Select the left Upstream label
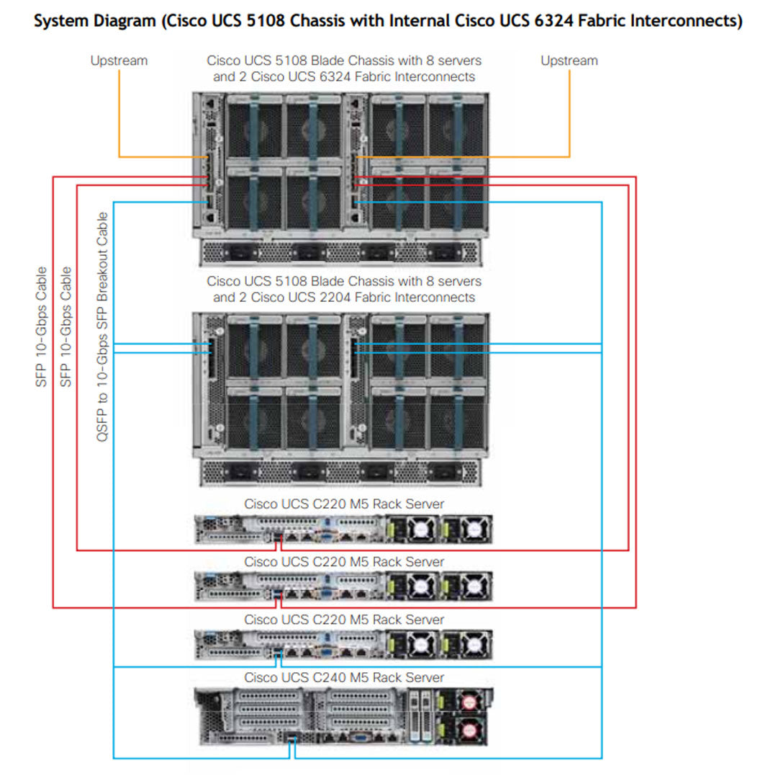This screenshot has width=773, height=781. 119,61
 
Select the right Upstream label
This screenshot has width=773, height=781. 569,61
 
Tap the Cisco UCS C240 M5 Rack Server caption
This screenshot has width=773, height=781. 344,677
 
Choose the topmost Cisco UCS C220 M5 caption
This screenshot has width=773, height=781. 344,504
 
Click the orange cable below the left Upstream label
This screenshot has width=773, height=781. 119,115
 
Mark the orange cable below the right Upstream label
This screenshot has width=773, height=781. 569,115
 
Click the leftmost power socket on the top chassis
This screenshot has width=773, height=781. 240,253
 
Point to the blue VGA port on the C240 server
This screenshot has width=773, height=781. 358,736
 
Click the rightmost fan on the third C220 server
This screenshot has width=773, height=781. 473,646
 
